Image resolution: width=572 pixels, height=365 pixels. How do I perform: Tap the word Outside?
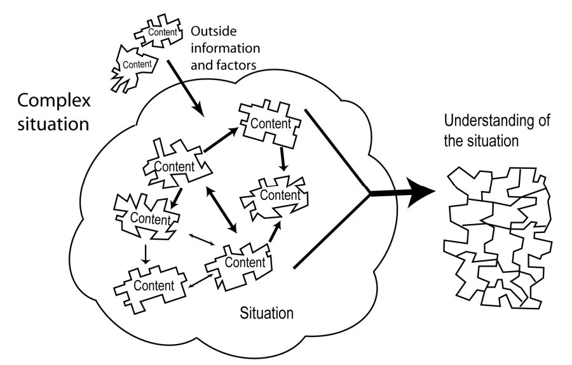point(214,31)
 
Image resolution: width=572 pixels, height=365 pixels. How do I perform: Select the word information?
point(226,48)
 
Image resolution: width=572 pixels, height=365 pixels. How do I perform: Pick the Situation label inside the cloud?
point(267,313)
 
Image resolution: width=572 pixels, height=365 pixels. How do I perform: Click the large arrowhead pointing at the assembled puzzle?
point(421,193)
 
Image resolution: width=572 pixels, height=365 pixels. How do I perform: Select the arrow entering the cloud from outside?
point(185,88)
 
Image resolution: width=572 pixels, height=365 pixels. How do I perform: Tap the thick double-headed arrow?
point(222,209)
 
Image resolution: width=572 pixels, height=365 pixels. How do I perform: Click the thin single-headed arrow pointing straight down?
point(146,255)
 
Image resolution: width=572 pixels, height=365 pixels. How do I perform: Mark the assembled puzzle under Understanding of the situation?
point(498,238)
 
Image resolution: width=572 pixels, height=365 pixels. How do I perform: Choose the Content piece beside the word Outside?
point(159,31)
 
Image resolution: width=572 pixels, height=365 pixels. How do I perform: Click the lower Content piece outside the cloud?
point(134,68)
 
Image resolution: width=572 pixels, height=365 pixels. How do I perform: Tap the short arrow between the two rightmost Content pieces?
point(283,159)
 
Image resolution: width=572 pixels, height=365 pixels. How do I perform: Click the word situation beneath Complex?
point(53,124)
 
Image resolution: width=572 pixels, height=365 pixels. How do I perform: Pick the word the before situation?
point(453,141)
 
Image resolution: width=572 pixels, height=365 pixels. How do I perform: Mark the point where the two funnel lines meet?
point(370,193)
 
